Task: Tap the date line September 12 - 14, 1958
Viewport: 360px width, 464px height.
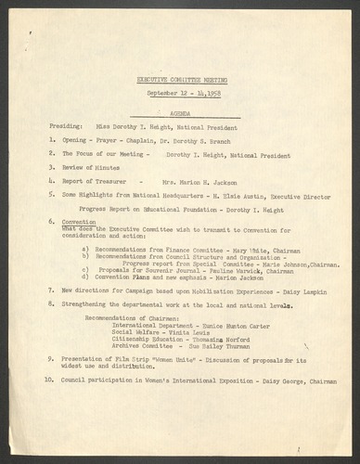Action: click(x=181, y=96)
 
